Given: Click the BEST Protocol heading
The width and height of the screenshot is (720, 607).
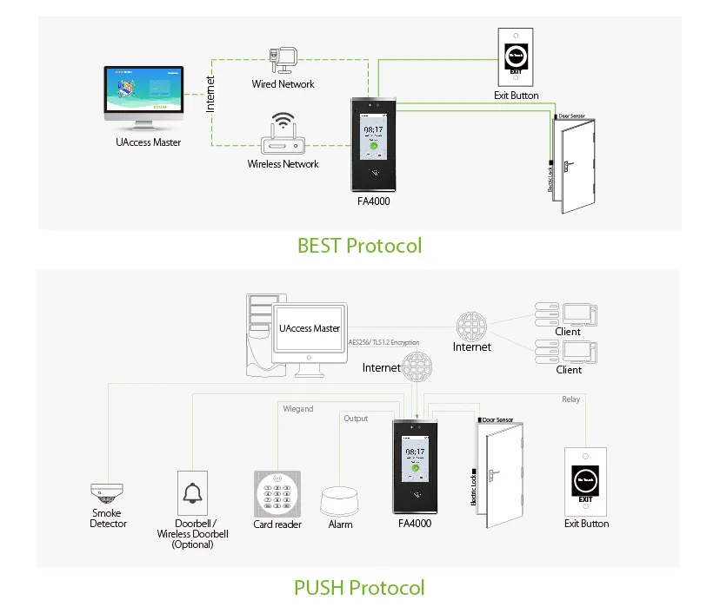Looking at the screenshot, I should [359, 246].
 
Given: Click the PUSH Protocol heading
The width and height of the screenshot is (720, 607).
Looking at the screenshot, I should [359, 587].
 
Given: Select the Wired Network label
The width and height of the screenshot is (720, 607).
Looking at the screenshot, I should [283, 84].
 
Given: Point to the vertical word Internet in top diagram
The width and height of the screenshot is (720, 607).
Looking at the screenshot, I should [210, 93].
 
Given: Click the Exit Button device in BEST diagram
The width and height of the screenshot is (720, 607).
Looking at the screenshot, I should [517, 56].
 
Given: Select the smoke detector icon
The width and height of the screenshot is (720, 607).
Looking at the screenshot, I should [107, 494].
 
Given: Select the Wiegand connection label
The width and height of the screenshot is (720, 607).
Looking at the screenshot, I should [298, 408].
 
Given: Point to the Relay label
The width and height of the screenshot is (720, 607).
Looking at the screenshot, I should [570, 399].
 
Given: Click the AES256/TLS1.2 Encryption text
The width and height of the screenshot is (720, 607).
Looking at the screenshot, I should [383, 342].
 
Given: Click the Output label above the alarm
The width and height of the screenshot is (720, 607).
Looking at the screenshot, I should [356, 419].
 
